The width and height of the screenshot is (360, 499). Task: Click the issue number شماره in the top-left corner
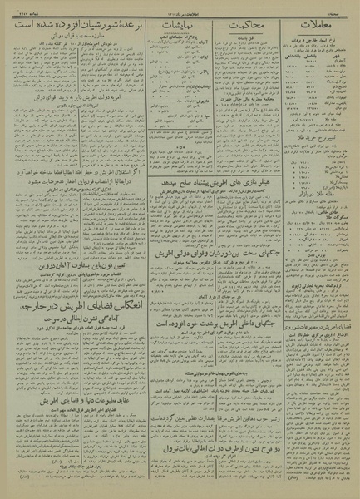pos(18,7)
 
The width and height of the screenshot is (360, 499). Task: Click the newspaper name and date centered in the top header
pos(179,7)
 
